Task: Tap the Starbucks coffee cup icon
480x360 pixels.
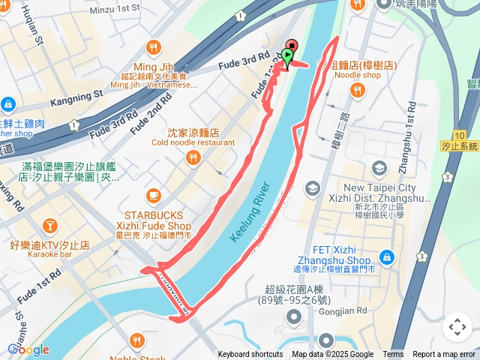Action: tap(154, 195)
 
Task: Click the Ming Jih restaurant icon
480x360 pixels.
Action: tap(154, 48)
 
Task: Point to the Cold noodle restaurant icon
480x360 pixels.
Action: tap(193, 157)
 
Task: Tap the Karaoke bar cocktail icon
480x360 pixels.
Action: tap(49, 225)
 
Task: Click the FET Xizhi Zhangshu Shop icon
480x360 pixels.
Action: tap(386, 258)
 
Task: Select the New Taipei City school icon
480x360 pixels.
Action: tap(379, 168)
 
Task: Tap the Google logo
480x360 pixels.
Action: tap(28, 349)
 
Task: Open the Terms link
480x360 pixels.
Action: tap(393, 355)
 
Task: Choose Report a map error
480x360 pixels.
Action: tap(444, 355)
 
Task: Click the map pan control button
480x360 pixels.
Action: tap(457, 327)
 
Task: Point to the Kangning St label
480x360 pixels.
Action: tap(76, 97)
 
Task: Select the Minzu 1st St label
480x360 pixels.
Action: tap(115, 7)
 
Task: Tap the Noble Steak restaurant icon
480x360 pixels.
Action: tap(136, 341)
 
